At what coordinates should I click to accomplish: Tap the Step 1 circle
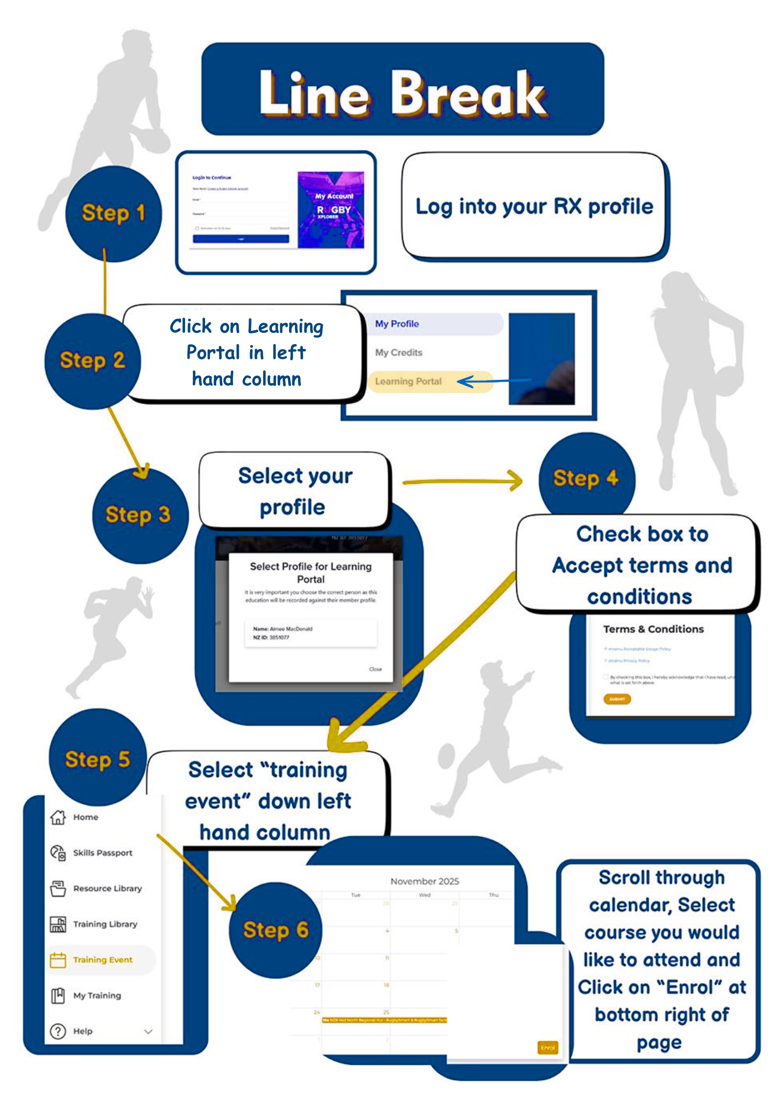(113, 213)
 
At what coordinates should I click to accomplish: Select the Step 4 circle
(586, 478)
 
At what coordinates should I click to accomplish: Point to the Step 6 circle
(275, 930)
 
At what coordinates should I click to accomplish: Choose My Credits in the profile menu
(398, 352)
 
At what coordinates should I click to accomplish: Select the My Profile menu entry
(397, 324)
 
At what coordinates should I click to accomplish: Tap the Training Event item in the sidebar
(102, 960)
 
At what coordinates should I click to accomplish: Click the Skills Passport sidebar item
(102, 853)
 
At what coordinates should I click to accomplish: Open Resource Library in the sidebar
(107, 889)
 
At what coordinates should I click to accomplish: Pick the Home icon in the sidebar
(58, 817)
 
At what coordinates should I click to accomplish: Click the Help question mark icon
(58, 1031)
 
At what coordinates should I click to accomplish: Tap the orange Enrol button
(547, 1048)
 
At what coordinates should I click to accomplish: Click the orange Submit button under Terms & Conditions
(617, 699)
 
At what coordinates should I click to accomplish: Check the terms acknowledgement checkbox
(606, 677)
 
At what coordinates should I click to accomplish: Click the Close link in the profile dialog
(375, 669)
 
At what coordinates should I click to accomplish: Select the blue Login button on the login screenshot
(241, 239)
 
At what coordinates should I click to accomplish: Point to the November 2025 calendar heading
(424, 881)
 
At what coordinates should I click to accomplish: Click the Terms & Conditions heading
(653, 629)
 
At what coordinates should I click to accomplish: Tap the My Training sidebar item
(97, 995)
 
